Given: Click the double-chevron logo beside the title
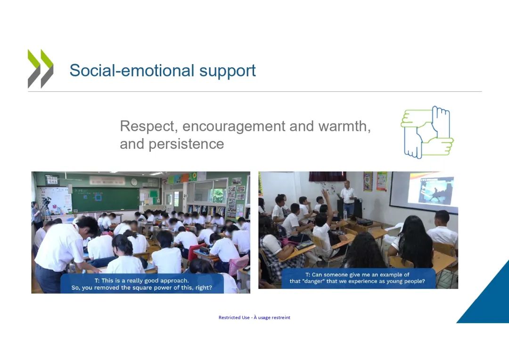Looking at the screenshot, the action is click(x=40, y=69).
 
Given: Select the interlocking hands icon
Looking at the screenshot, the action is click(x=427, y=132).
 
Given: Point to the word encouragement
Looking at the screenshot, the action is click(x=233, y=126).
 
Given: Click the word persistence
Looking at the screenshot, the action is click(x=186, y=144).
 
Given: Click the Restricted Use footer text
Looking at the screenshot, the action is click(x=254, y=318).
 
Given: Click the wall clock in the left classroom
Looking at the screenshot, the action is click(x=134, y=182).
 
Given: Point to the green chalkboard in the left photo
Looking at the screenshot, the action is click(x=105, y=199).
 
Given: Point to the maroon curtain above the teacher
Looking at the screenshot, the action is click(x=327, y=176).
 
